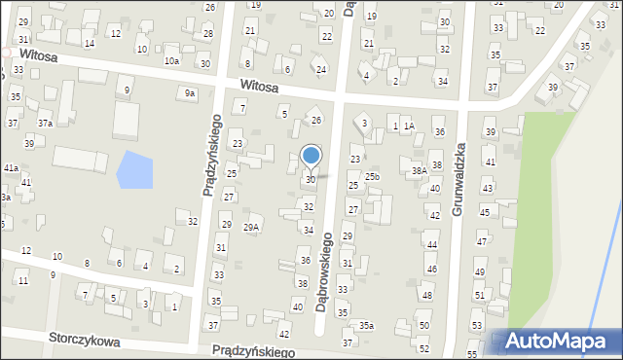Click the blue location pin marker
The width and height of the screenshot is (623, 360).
(311, 156)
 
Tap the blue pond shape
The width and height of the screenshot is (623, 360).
(134, 170)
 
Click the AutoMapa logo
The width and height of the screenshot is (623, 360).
(557, 342)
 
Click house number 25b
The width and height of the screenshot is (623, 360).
(372, 176)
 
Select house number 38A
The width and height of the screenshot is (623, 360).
(419, 170)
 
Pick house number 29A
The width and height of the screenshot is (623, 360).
(251, 227)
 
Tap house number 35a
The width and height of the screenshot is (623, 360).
(366, 326)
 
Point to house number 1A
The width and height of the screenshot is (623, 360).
(410, 126)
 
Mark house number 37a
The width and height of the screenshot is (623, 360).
(45, 124)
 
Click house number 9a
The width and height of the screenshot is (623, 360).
(191, 93)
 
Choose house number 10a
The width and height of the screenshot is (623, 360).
(171, 61)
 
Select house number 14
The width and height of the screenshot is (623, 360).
(89, 44)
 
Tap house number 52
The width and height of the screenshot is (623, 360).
(423, 348)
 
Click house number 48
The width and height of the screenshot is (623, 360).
(426, 295)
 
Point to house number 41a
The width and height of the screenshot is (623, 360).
(11, 168)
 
